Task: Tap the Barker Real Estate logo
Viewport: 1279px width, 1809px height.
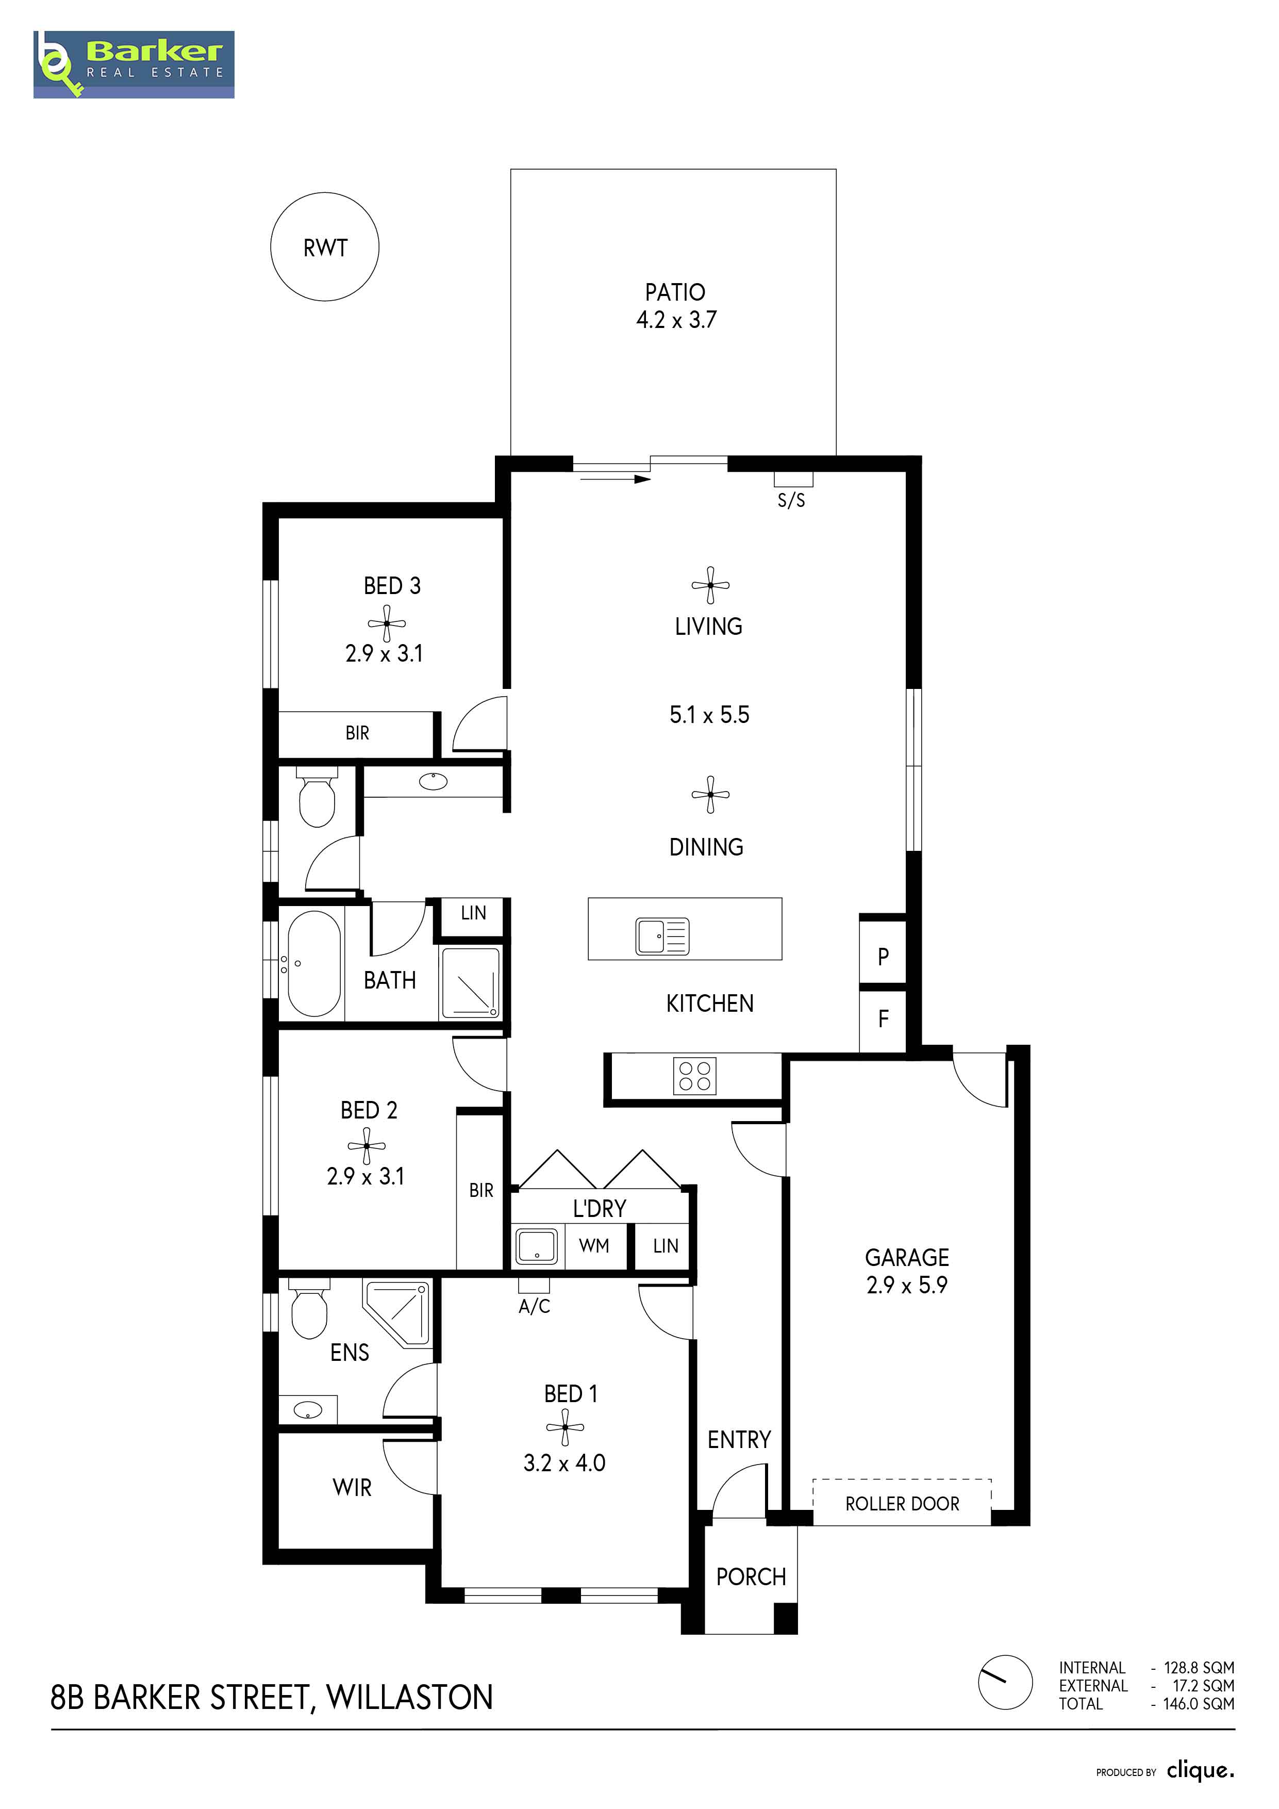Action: click(x=134, y=64)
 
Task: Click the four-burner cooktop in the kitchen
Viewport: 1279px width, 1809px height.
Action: click(x=694, y=1076)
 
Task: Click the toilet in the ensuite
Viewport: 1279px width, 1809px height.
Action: click(x=309, y=1309)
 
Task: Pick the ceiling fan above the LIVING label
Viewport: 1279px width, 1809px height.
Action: click(x=710, y=585)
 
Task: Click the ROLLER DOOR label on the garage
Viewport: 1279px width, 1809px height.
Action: click(x=903, y=1504)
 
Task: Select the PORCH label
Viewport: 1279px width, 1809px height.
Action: click(x=751, y=1576)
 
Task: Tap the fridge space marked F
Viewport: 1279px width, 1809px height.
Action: click(x=883, y=1019)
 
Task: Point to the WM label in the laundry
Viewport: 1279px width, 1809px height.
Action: click(x=594, y=1246)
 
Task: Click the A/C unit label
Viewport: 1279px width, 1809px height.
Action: click(x=534, y=1306)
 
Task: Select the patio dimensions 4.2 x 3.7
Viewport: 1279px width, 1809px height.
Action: click(x=676, y=319)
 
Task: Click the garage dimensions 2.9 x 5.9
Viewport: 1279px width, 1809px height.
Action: click(x=907, y=1285)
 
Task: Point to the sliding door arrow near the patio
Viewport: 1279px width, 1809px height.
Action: click(x=611, y=478)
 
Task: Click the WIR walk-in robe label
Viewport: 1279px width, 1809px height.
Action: click(x=352, y=1488)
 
